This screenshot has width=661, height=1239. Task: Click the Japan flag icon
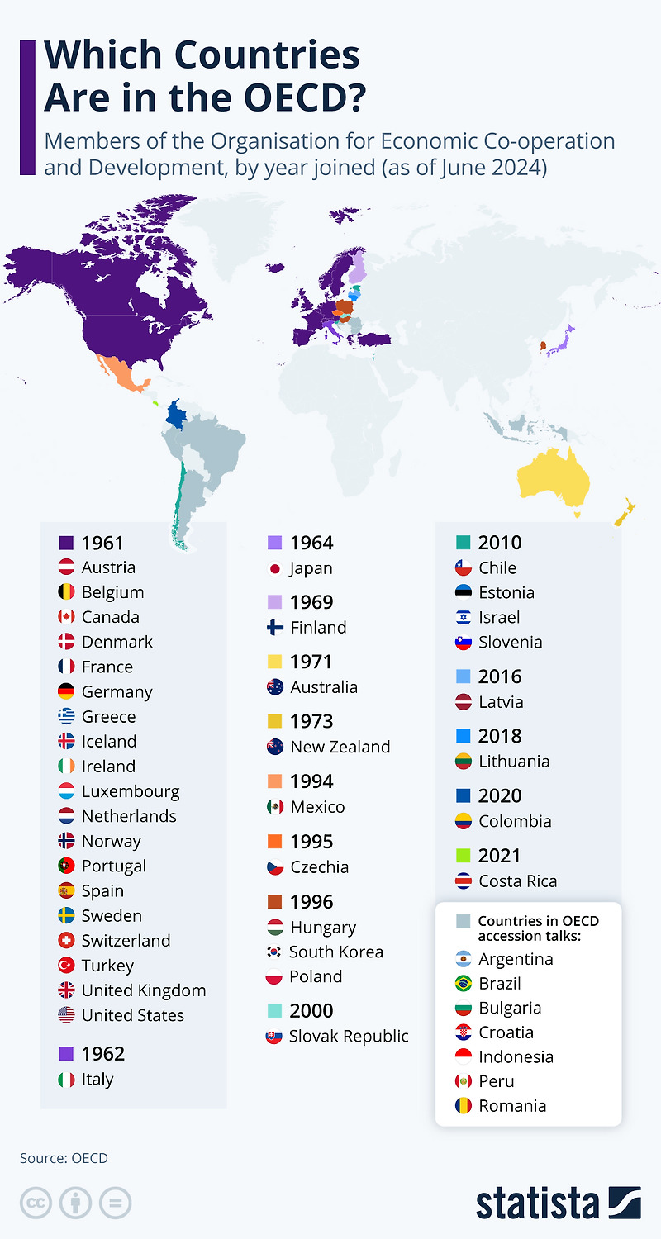click(x=275, y=568)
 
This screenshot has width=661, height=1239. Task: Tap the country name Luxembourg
click(x=130, y=791)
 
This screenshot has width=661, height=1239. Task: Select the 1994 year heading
click(x=311, y=781)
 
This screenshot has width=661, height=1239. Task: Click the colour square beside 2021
click(x=464, y=856)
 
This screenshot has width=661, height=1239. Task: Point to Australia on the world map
click(x=554, y=479)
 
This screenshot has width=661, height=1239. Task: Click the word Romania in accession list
click(x=512, y=1105)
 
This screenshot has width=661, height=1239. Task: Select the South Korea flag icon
click(x=275, y=952)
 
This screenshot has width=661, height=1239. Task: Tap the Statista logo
click(x=558, y=1203)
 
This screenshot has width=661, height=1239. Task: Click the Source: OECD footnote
click(x=64, y=1158)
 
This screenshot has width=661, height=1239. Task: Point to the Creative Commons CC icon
click(x=36, y=1203)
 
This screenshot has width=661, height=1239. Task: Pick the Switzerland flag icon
click(x=67, y=941)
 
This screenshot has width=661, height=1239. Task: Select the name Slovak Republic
click(x=349, y=1036)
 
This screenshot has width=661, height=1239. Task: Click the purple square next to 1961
click(x=67, y=544)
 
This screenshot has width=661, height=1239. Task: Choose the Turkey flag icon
click(x=67, y=966)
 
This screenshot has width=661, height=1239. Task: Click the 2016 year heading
click(x=500, y=676)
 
